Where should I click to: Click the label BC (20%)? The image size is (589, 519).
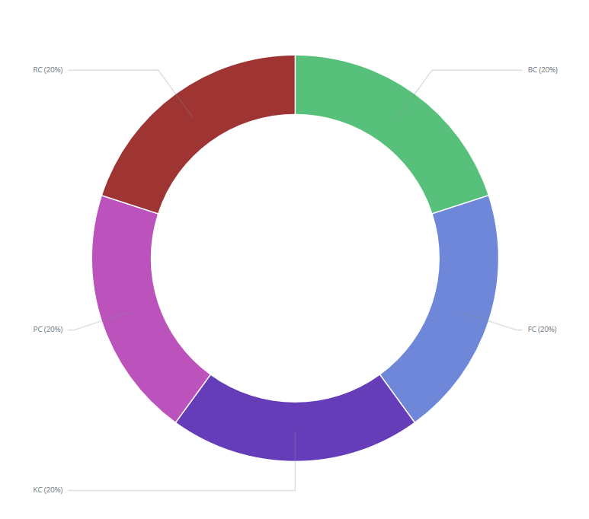[543, 70]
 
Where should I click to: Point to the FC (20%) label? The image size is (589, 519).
[542, 330]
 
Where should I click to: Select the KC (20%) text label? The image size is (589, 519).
[48, 490]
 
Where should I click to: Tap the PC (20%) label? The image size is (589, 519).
[48, 330]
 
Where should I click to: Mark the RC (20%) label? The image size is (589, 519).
[48, 70]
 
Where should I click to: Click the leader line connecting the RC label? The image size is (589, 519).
[114, 70]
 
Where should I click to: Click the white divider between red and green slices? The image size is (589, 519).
[295, 84]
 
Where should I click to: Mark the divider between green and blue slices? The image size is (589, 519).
[460, 205]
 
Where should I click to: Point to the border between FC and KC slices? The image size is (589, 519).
[397, 398]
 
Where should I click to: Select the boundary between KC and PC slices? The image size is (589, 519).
[193, 398]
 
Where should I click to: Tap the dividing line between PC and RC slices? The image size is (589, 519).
[130, 205]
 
